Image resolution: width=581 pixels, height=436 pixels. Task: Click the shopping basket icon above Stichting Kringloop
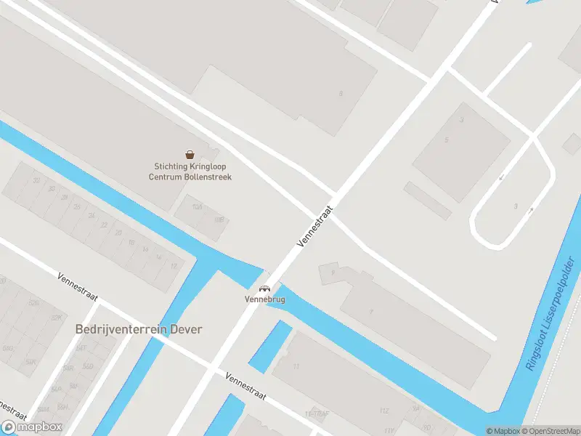click(190, 154)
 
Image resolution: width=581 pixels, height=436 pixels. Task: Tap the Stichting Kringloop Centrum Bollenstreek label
click(190, 172)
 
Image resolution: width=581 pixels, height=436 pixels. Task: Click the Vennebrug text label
click(265, 299)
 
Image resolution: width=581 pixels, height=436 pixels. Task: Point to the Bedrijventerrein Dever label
click(139, 329)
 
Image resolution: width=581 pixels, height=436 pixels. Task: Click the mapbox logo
click(32, 427)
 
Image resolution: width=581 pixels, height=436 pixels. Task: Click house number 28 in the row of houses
click(65, 198)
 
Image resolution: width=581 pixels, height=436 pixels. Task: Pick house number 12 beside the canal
click(174, 266)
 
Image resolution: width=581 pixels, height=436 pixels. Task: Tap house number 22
click(105, 225)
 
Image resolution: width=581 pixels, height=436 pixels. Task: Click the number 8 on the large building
click(340, 94)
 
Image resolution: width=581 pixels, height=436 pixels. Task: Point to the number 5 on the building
click(447, 140)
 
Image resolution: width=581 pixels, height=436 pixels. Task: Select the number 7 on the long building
click(371, 311)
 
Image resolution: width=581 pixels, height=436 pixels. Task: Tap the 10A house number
click(196, 207)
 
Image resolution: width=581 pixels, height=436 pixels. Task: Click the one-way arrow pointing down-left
click(500, 177)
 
